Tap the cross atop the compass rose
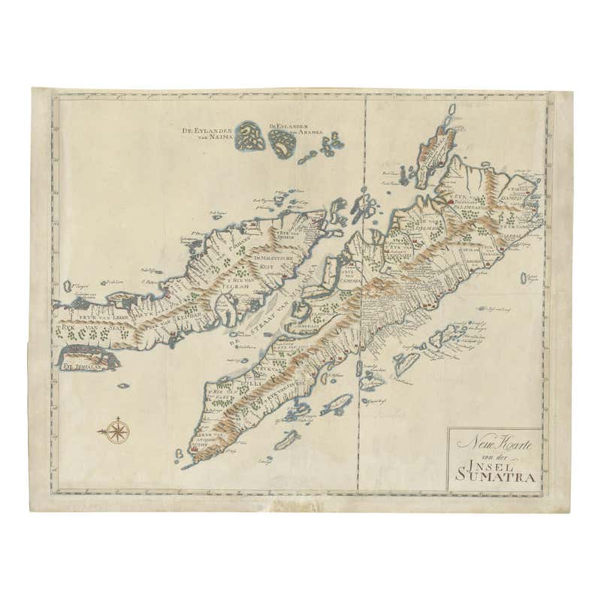[x=118, y=417]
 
